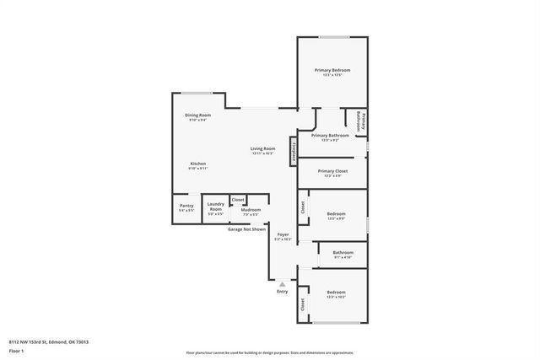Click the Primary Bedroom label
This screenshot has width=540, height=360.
[x=332, y=70]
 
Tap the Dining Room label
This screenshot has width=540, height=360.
[x=197, y=115]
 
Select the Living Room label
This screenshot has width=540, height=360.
[x=262, y=148]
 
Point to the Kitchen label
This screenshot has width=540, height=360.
[x=197, y=164]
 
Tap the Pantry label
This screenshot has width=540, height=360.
[x=186, y=205]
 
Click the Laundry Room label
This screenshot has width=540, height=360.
[x=215, y=206]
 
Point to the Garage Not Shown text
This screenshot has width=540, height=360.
[x=246, y=228]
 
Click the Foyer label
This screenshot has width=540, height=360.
[x=283, y=235]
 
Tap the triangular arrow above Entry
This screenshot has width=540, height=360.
[x=282, y=284]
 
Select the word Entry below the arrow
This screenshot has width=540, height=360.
[x=282, y=292]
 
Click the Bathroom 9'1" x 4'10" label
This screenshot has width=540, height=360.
[x=343, y=252]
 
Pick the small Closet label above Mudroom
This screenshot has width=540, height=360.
[x=238, y=200]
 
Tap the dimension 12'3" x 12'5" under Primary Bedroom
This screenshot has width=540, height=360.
[x=332, y=76]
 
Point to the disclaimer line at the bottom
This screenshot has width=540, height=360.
[x=269, y=352]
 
